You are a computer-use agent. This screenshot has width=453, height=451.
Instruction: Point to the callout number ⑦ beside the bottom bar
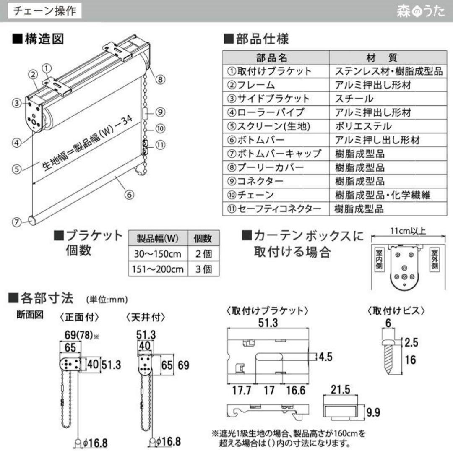pyautogui.click(x=16, y=223)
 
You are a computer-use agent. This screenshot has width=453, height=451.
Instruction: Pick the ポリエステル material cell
pyautogui.click(x=363, y=126)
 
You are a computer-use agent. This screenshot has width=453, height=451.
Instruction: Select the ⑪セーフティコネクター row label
pyautogui.click(x=275, y=209)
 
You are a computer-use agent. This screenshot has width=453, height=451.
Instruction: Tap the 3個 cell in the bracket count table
pyautogui.click(x=203, y=269)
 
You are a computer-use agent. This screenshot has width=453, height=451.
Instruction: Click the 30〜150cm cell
pyautogui.click(x=158, y=254)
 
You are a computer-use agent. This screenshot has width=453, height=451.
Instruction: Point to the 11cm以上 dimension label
pyautogui.click(x=408, y=231)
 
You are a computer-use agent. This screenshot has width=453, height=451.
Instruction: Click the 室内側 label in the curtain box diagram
pyautogui.click(x=379, y=261)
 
